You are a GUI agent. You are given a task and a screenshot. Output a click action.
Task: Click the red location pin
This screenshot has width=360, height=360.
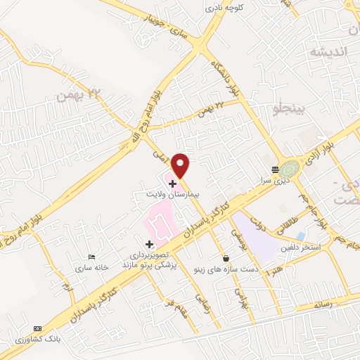(181, 165)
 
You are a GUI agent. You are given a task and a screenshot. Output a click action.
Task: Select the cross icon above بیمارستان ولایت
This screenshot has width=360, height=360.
(172, 183)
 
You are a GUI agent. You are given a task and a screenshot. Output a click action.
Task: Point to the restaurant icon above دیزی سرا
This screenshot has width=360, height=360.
(275, 169)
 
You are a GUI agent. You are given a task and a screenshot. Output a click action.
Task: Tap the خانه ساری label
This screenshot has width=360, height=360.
(92, 269)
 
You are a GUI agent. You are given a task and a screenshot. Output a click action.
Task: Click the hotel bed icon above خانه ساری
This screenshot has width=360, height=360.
(91, 259)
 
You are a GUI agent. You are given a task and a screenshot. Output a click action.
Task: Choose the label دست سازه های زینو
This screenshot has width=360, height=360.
(226, 268)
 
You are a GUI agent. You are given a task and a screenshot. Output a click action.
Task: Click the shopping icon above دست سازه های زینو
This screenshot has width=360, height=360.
(225, 257)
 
